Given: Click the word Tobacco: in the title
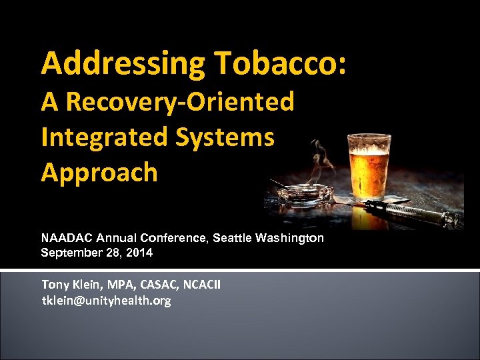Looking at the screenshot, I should [281, 64].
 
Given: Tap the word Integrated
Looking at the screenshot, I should [104, 137].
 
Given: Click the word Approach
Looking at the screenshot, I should [99, 172].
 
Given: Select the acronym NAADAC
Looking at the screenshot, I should [67, 238].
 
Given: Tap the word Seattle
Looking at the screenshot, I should [233, 238].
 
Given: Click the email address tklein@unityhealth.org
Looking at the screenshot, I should [106, 301].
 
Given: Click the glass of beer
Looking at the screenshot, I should [369, 167].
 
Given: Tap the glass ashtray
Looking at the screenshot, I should [305, 194].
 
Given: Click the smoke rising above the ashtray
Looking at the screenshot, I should [323, 160].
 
